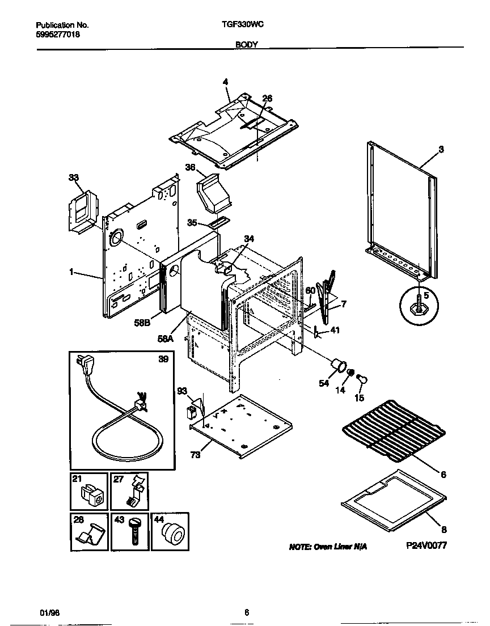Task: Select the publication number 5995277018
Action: click(57, 34)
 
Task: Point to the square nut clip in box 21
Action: click(91, 496)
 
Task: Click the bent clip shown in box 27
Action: click(133, 494)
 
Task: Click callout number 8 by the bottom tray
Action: click(443, 530)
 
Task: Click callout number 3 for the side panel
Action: click(441, 150)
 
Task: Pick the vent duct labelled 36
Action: click(214, 193)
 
